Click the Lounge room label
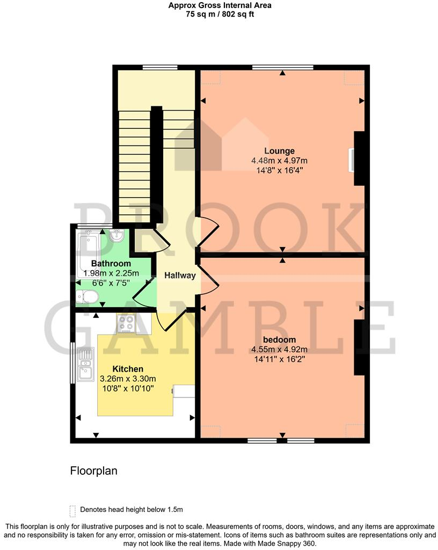pos(279,150)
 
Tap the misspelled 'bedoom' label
pos(279,340)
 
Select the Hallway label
pos(180,276)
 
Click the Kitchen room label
pos(128,369)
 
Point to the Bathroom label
pos(111,264)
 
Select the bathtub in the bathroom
pos(87,252)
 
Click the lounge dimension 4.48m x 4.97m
pos(279,161)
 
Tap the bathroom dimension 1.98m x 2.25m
pos(111,273)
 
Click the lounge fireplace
pos(358,158)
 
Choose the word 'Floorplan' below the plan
pos(93,471)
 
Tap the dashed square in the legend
pos(72,510)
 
